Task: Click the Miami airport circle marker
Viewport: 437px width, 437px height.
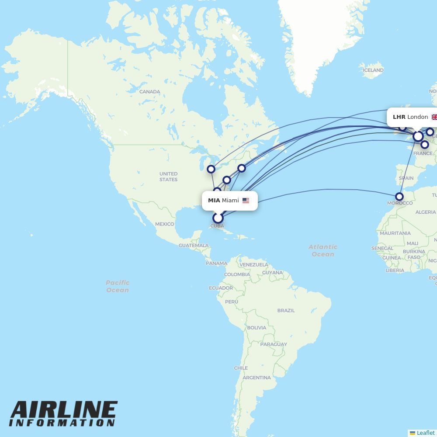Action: coord(218,218)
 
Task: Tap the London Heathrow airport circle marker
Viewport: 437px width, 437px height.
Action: coord(418,136)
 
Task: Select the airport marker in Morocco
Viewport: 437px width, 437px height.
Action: coord(399,197)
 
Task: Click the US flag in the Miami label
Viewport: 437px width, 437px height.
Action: coord(246,201)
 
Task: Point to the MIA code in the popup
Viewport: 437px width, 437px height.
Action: coord(214,201)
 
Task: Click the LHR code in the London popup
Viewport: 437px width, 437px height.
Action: coord(399,117)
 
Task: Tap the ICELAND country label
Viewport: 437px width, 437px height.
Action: coord(373,70)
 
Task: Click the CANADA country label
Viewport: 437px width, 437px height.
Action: coord(149,92)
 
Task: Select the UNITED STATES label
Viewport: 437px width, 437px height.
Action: coord(168,177)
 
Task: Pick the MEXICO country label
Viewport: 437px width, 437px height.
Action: coord(164,224)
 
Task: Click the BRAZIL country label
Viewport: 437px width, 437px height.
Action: coord(286,311)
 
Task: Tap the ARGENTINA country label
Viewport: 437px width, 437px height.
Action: coord(257,378)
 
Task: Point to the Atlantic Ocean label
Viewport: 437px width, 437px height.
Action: coord(323,250)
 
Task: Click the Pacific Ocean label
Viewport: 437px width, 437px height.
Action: coord(118,286)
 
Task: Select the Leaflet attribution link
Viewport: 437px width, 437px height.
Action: coord(425,433)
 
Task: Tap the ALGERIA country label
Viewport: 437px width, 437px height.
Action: coord(425,212)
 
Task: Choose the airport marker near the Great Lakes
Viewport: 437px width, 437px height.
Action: coord(211,169)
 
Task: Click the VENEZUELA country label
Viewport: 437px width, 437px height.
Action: coord(254,265)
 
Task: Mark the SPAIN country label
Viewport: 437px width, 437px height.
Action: coord(406,178)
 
